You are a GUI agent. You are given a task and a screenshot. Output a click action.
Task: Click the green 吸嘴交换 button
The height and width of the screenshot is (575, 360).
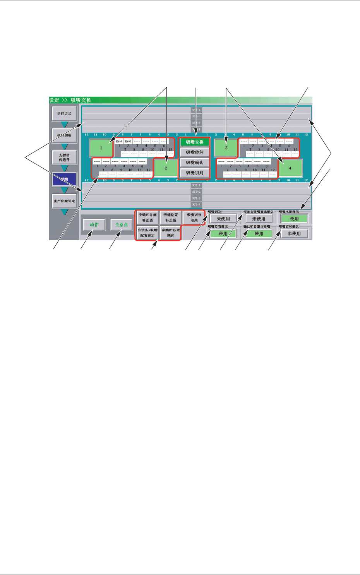pos(194,142)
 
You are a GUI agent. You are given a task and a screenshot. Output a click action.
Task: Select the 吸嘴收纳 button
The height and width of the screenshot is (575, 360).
pos(194,152)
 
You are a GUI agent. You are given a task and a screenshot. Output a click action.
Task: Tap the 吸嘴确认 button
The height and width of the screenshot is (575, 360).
pos(194,163)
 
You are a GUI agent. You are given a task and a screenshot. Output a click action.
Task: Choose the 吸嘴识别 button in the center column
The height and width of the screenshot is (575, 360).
pos(194,173)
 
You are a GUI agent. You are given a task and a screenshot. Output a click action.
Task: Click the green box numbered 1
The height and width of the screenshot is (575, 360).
pos(101,148)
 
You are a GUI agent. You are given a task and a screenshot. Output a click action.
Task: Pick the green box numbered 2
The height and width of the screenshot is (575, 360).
pos(166,168)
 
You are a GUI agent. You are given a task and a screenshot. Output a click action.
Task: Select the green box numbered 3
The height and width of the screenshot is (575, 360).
pos(226,148)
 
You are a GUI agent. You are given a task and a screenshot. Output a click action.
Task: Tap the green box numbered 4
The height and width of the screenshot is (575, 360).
pos(290,168)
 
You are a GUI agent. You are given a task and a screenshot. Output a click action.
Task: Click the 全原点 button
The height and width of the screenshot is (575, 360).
pos(121,225)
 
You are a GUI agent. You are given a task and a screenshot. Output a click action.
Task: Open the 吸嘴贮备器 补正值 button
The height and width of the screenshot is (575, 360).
pos(147,217)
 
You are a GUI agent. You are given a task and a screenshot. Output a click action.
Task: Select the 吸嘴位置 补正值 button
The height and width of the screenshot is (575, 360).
pos(171,217)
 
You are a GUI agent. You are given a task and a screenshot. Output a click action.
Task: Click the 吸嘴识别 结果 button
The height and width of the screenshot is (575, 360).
pos(194,217)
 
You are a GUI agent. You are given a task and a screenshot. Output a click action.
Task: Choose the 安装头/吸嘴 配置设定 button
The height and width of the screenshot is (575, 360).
pos(147,233)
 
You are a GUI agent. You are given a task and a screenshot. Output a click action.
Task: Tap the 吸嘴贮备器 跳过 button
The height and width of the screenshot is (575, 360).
pos(171,233)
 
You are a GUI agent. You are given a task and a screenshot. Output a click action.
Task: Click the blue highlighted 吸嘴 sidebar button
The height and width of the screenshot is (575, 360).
pos(65,179)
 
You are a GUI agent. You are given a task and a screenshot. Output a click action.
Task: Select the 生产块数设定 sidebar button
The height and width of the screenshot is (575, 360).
pos(65,201)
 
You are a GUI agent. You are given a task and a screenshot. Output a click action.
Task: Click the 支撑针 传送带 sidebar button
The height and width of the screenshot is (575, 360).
pos(65,157)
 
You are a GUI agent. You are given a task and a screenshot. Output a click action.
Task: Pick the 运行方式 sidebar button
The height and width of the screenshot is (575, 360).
pos(65,114)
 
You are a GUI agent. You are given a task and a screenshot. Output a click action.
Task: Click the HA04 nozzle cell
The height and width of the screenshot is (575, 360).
pos(119,142)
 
